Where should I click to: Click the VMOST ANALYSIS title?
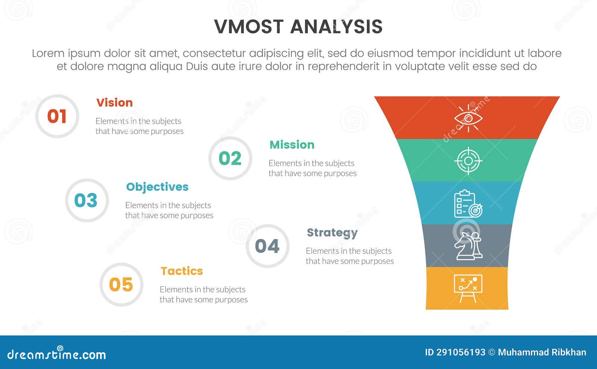pos(298,26)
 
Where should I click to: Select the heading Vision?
pos(115,102)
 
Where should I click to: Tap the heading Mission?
pos(292,145)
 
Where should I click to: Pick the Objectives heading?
pos(157,187)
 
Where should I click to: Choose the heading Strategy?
pos(332,233)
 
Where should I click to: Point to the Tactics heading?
pos(182,271)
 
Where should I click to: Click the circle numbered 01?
pos(57,116)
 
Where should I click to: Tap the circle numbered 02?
pos(230,158)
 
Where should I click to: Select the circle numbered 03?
pos(86,201)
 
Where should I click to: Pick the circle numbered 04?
pos(267,246)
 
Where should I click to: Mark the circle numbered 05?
pos(121,285)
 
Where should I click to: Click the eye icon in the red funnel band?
pos(468,118)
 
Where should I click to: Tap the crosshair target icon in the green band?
pos(468,161)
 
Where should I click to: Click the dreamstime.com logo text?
pos(56,354)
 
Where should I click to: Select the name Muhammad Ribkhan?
pos(542,352)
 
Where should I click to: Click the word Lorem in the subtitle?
pos(48,53)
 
